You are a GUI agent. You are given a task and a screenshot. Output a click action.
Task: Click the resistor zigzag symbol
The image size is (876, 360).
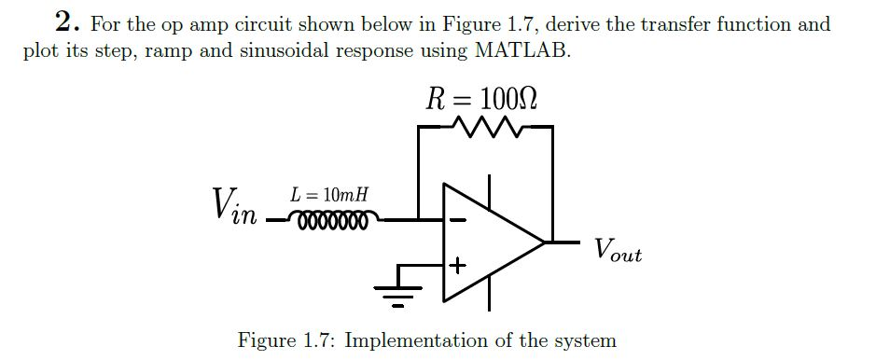click(x=485, y=126)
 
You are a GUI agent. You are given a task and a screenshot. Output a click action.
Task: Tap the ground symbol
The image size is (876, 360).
click(x=398, y=293)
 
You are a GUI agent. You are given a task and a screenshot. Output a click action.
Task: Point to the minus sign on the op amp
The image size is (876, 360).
click(x=457, y=221)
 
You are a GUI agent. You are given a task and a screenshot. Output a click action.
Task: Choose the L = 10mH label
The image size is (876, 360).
click(x=329, y=196)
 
